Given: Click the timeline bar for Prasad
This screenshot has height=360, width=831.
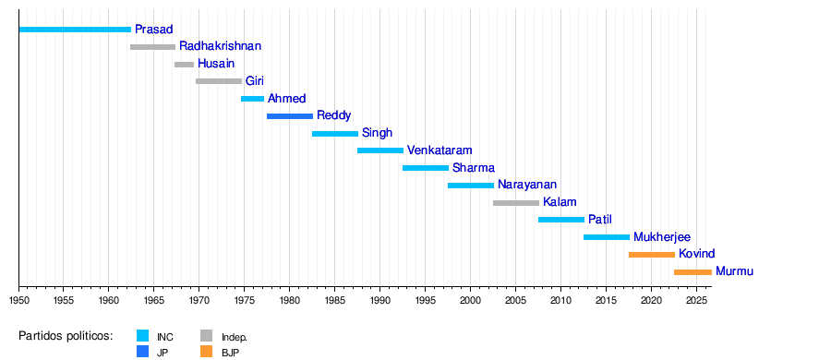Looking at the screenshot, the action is point(75,30).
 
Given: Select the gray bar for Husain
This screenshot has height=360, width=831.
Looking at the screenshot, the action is point(185,65).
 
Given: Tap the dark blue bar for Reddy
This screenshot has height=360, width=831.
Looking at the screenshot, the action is point(290,116).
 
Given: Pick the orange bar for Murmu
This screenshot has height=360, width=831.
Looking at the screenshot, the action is point(692,272).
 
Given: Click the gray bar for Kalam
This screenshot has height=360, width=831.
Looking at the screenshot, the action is point(516,203).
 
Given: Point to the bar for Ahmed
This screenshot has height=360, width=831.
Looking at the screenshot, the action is point(252,99).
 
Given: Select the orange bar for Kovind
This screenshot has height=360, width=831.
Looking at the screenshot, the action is point(652,255).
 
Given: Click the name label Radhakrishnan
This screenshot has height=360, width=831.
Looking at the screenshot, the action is point(220,46).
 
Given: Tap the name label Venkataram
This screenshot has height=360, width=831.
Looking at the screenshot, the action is point(440,150).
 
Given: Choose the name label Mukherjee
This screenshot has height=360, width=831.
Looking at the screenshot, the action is point(662,237).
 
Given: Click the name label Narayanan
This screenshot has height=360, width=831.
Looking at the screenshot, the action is point(527,185).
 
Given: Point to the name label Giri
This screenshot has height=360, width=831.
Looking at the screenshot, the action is point(255,81).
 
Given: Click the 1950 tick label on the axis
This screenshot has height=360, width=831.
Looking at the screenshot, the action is point(18,300).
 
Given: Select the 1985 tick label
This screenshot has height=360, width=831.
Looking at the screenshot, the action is point(334,300).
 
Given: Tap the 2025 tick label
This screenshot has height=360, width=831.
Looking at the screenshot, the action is point(696,300).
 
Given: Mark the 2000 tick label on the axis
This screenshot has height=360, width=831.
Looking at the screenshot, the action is point(470,300).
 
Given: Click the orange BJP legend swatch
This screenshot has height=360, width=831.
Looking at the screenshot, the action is point(206,351).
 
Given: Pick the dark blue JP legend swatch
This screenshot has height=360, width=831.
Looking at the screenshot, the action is point(142,351).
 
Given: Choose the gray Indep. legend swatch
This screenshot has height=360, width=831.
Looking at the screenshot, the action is point(206,336).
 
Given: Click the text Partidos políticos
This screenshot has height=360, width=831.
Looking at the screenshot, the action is point(66,336).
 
